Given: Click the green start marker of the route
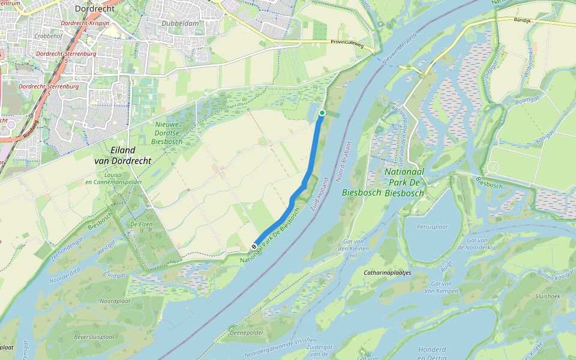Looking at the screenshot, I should coord(322,113).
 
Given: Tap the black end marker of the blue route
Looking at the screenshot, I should coord(255,246).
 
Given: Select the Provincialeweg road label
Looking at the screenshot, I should coord(349,42).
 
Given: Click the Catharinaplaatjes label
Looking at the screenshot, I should coord(391,272).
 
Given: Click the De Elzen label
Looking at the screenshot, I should coord(141,224).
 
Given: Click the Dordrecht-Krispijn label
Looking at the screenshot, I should coord(85,23).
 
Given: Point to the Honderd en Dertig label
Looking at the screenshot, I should coord(432,353).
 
